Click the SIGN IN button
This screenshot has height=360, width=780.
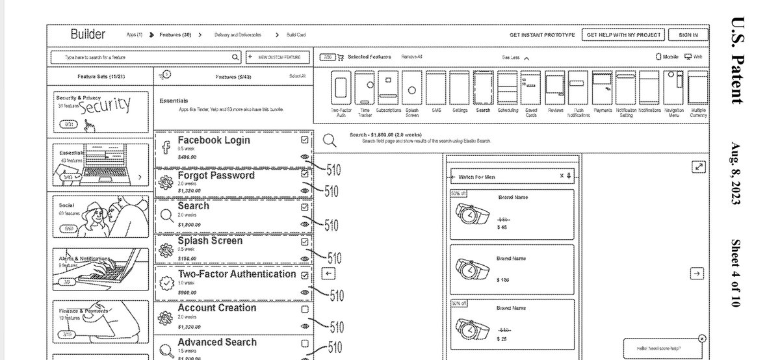688,35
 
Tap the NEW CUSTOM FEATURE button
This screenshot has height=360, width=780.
278,57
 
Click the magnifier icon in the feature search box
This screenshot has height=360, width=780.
235,57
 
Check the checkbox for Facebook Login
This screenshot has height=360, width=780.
305,140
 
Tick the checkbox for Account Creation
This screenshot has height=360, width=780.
305,309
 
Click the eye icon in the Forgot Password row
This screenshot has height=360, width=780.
305,190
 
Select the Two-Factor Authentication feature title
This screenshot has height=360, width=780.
237,274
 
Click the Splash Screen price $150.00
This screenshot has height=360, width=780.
188,258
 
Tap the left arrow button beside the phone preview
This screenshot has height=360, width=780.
329,274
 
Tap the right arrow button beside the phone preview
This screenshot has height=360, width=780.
697,274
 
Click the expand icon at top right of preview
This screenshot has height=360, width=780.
698,167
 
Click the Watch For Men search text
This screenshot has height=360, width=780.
476,177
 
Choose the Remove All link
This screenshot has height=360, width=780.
411,57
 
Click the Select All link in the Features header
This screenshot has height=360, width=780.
297,76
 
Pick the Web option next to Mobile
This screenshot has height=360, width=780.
694,57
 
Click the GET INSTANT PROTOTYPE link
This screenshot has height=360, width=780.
541,35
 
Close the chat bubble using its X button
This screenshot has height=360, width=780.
702,339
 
